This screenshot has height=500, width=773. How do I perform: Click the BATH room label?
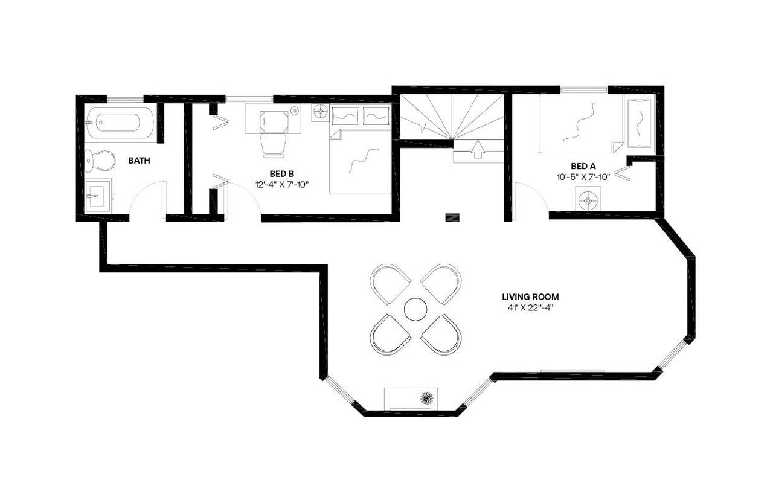point(139,161)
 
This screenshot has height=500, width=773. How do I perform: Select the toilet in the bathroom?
point(100,160)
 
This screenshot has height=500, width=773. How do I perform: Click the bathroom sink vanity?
point(97,196)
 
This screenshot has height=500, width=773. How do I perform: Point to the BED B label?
point(281,174)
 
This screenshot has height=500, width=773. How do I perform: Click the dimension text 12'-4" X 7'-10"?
point(281,185)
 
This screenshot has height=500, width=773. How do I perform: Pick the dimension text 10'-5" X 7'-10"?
point(583,177)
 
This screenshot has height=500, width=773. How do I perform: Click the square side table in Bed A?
point(588,198)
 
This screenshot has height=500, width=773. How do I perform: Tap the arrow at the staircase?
point(478,149)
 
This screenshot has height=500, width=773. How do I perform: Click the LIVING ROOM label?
point(530,296)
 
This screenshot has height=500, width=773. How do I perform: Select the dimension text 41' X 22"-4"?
point(530,307)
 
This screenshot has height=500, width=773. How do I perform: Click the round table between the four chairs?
point(415,310)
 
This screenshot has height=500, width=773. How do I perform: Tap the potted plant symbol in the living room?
point(427,397)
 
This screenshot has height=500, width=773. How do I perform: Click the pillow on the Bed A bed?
point(639,124)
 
